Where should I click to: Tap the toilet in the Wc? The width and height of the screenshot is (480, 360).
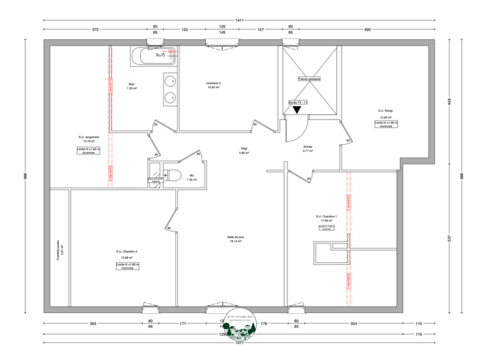pos(172,176)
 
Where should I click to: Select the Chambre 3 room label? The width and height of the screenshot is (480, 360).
pos(214,83)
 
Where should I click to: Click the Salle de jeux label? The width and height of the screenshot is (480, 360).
pos(236,237)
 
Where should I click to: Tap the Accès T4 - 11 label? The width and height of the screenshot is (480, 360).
pos(298,102)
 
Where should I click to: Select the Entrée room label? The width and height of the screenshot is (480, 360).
pos(308,147)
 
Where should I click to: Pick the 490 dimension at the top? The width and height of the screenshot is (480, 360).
pos(367,30)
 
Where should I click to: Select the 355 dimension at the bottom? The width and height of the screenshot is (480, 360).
pos(93,324)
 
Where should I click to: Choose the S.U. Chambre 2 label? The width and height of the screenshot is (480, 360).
pos(127,252)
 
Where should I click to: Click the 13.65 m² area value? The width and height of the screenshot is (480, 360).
pos(386,118)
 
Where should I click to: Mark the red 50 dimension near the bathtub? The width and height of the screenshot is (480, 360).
pos(170,51)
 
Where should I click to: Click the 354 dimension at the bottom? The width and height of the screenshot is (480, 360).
pos(353,324)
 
